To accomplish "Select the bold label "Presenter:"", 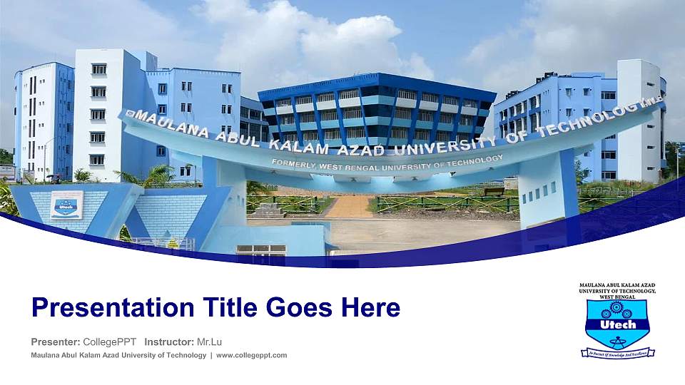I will pyautogui.click(x=56, y=342).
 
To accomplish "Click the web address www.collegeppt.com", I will pyautogui.click(x=251, y=355).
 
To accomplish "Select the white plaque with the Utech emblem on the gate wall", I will pyautogui.click(x=66, y=204).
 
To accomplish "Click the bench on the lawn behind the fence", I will pyautogui.click(x=494, y=191).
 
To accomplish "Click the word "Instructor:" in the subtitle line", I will pyautogui.click(x=168, y=342).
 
